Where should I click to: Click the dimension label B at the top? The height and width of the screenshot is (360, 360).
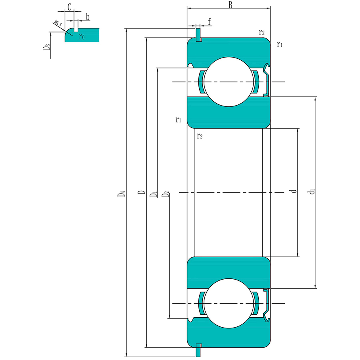tap(230, 5)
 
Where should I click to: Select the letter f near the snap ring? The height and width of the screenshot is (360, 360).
tap(210, 20)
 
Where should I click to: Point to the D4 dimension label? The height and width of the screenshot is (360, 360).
tap(122, 194)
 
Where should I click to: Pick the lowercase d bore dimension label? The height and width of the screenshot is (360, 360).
tap(294, 191)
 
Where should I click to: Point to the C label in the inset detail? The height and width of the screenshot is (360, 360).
tap(69, 7)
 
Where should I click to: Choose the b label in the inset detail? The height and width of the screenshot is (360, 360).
tap(88, 16)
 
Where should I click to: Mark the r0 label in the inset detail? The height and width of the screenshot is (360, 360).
tap(82, 37)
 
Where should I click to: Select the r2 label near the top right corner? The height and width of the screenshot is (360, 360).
tap(262, 33)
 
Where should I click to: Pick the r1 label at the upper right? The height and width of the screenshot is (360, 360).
tap(280, 44)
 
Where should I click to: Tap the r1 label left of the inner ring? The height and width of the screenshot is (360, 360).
tap(178, 120)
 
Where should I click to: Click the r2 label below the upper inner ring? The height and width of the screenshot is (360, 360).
tap(200, 136)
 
